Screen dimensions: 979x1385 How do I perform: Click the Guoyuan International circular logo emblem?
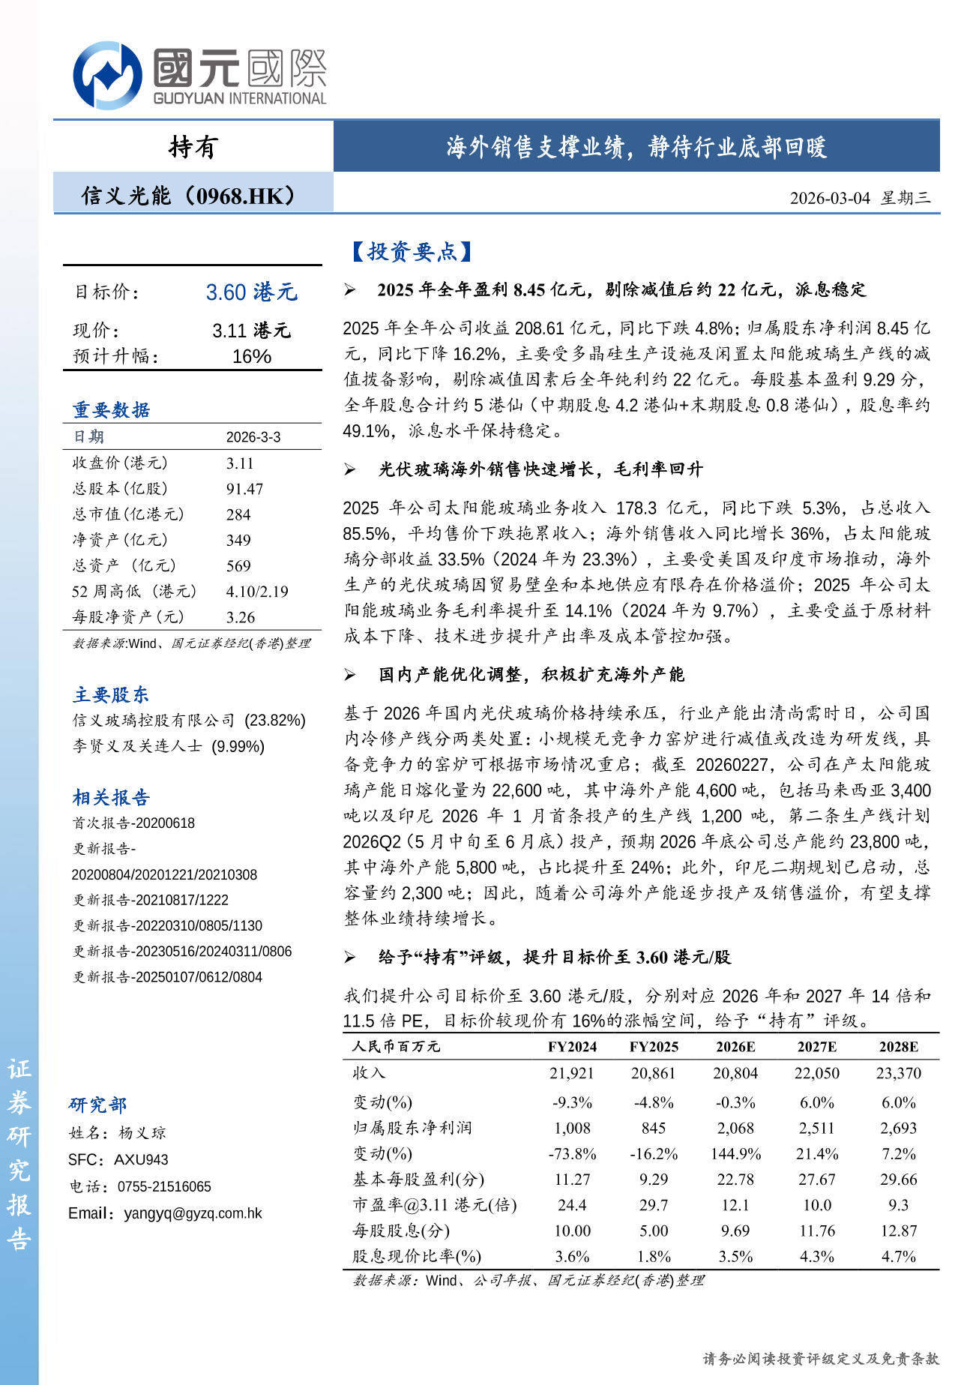click(107, 75)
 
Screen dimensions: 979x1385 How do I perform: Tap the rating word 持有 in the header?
click(193, 147)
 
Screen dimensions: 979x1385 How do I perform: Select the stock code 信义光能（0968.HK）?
click(189, 196)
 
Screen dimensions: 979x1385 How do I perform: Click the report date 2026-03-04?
click(830, 198)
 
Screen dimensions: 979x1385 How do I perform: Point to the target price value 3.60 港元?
click(252, 292)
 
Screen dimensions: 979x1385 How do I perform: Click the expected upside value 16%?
click(252, 356)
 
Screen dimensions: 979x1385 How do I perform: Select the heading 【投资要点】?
click(412, 252)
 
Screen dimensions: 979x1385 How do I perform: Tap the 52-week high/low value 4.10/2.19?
click(257, 592)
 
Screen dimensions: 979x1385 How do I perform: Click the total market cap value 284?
click(238, 514)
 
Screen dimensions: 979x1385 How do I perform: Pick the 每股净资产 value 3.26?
click(241, 617)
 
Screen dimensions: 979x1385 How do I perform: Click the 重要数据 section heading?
click(112, 410)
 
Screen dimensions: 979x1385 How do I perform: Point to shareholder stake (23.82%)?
click(275, 721)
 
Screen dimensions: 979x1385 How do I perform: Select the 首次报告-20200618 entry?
click(133, 823)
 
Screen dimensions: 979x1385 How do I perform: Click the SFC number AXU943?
click(141, 1160)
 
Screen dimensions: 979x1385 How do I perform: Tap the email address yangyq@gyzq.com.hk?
click(193, 1213)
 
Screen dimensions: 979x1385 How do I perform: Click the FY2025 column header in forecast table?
click(654, 1047)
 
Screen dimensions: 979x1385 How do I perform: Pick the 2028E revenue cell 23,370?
click(898, 1074)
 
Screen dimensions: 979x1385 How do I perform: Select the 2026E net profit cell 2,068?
click(735, 1129)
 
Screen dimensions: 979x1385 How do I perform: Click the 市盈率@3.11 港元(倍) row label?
click(435, 1205)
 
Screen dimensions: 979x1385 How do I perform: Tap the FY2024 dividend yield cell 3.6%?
click(572, 1257)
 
